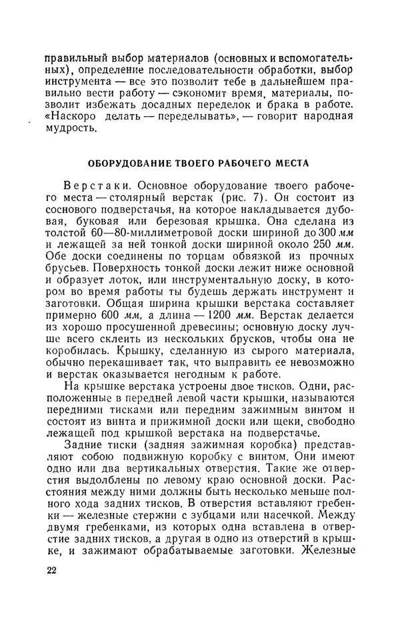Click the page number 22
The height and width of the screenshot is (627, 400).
[x=52, y=571]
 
